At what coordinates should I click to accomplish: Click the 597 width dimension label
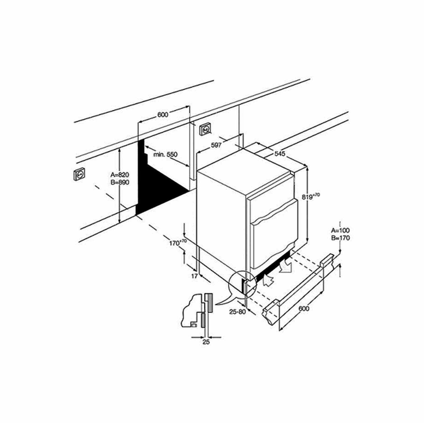click(216, 145)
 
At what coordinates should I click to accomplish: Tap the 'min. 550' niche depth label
click(165, 154)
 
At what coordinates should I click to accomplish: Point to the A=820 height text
click(120, 175)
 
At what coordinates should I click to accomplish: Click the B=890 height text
click(120, 183)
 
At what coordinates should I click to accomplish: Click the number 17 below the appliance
click(194, 276)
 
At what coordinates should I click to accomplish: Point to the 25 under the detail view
click(206, 342)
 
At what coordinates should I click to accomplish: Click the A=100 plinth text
click(340, 230)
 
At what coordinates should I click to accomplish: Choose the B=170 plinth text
click(340, 238)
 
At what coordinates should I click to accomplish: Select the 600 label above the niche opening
click(163, 114)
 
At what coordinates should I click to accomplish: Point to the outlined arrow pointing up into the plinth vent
click(268, 281)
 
